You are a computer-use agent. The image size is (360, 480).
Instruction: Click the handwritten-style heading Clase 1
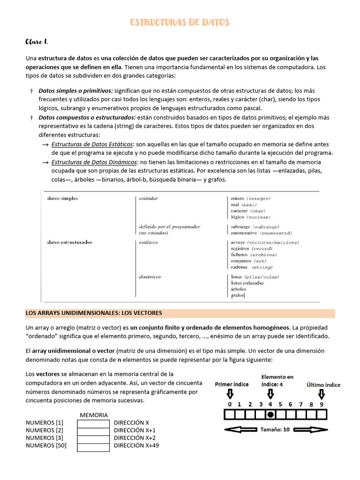coord(37,42)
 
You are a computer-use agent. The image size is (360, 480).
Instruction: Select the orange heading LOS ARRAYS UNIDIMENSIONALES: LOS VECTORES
coord(94,313)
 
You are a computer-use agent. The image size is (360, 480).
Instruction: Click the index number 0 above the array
coord(230,404)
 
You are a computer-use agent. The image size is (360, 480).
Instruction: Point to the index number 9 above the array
coord(322,404)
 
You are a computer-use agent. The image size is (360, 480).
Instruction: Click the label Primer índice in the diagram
coord(232,384)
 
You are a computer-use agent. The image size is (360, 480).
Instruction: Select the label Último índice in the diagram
coord(323,385)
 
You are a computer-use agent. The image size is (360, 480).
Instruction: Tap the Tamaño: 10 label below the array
coord(275,429)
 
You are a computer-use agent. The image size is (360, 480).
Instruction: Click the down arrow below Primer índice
coord(230,394)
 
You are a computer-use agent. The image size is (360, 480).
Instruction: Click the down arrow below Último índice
coord(322,394)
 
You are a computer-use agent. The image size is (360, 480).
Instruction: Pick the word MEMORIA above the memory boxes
coord(94,415)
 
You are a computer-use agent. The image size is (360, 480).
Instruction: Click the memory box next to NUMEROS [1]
coord(93,423)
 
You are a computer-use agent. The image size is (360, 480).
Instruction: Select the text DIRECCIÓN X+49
coord(136,446)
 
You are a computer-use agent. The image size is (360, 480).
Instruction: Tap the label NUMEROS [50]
coord(46,446)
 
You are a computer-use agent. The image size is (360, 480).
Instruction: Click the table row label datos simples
coord(63,198)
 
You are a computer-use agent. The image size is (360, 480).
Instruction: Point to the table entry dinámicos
coord(150,277)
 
